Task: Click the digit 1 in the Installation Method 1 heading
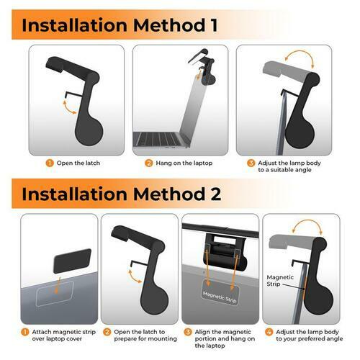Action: [214, 25]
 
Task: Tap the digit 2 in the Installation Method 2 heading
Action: [215, 194]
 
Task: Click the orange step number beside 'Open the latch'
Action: [50, 163]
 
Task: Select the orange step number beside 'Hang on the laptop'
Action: [149, 163]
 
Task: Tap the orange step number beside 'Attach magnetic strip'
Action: [25, 332]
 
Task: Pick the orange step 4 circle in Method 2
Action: [269, 332]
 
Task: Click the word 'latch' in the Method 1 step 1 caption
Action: [93, 163]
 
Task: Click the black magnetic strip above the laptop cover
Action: [72, 261]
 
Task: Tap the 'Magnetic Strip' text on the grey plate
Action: [220, 297]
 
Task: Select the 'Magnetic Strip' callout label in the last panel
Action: [280, 281]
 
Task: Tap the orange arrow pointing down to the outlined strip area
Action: [57, 285]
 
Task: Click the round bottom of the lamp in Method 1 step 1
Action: [89, 132]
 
